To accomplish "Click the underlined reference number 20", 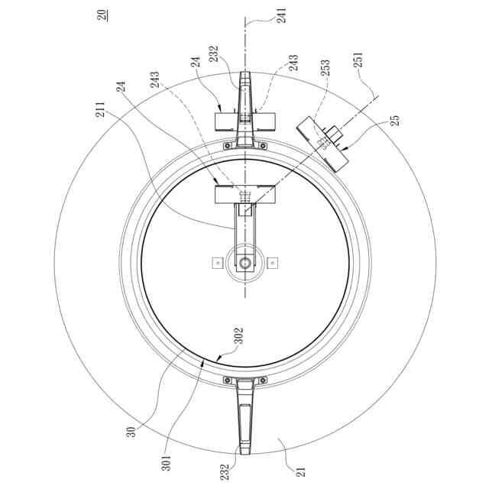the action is (103, 15).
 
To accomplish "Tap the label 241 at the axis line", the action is (282, 15).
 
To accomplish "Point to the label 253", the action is (325, 67).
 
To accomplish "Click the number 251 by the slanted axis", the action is (358, 60).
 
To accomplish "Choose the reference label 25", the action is (394, 121).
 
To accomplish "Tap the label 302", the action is (238, 335).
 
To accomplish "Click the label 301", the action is (167, 463).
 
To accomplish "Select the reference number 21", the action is (301, 471).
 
